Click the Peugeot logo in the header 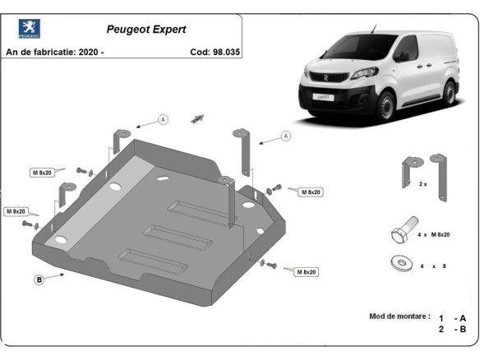tap(30, 31)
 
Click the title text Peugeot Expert tap(146, 29)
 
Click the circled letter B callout tap(39, 280)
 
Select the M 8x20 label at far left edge tap(16, 211)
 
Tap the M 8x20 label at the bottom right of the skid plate tap(305, 271)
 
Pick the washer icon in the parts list tap(403, 264)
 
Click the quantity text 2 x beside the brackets tap(423, 184)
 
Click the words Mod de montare tap(400, 316)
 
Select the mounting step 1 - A tap(452, 317)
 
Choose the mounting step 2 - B tap(452, 329)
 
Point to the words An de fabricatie tap(36, 52)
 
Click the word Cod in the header tap(200, 52)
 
